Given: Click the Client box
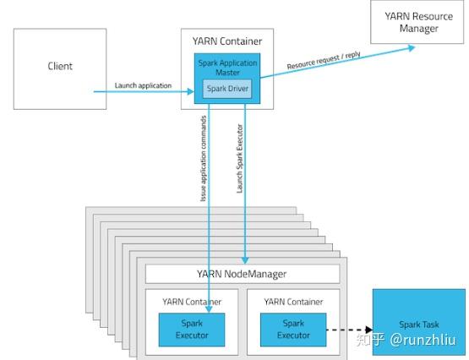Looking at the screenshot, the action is tap(60, 68).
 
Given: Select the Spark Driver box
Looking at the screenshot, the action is tap(227, 89).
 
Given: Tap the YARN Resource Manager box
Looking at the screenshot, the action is tap(417, 22).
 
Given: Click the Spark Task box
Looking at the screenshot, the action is tap(419, 322).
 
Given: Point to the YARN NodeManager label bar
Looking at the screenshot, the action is tap(243, 274).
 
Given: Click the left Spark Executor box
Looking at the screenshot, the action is tap(192, 330).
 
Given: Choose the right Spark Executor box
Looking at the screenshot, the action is tap(293, 330).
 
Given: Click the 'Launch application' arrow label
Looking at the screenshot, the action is tap(143, 85).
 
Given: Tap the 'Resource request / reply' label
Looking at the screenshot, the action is tap(324, 60).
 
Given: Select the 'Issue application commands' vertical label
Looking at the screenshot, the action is tap(204, 159).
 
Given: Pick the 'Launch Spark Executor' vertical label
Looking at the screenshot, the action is tap(240, 159).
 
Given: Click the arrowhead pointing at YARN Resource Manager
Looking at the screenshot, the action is tap(412, 48).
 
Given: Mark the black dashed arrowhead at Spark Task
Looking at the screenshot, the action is tap(369, 330).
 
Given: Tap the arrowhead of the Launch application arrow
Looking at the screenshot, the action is tap(190, 91).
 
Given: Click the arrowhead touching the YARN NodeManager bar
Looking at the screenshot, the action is tap(245, 260).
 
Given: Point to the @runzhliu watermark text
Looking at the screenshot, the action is tap(423, 340).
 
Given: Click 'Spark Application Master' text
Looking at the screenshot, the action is tap(227, 68).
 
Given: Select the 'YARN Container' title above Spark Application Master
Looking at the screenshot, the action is tap(227, 41).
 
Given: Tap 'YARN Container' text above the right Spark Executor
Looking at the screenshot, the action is tap(293, 302).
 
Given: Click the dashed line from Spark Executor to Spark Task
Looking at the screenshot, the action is tap(346, 330).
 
